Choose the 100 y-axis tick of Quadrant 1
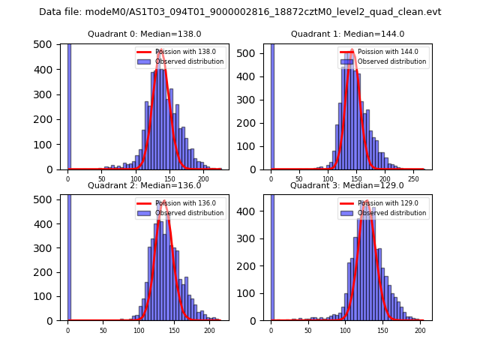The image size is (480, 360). [x=255, y=145]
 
